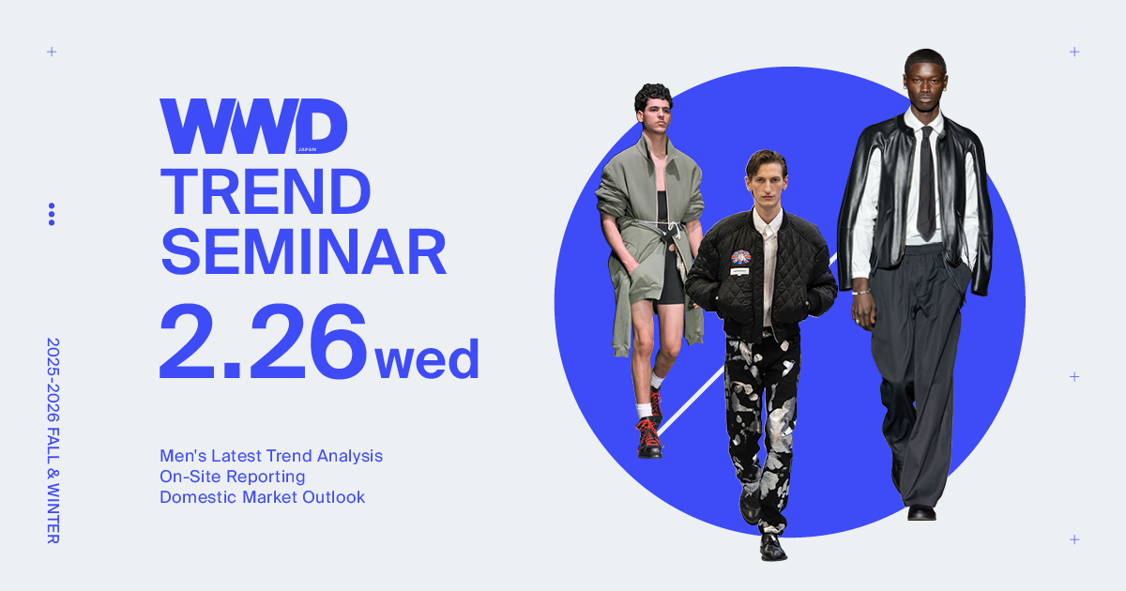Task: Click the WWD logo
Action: click(253, 126)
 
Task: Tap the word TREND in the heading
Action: click(266, 192)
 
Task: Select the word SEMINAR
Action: click(303, 251)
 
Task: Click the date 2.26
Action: click(263, 341)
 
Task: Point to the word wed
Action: click(427, 358)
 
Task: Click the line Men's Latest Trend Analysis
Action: click(271, 456)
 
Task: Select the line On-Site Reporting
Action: click(233, 477)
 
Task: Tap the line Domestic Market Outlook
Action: click(263, 497)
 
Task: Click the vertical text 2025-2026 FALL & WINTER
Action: click(53, 441)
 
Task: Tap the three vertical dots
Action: click(52, 214)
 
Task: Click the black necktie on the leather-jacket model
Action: click(926, 184)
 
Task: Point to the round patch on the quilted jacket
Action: click(741, 257)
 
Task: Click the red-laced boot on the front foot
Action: click(649, 438)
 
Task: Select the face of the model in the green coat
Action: click(656, 116)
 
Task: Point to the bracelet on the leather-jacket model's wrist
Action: click(860, 292)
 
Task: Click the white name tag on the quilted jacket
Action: click(739, 271)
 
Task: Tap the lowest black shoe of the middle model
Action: click(772, 548)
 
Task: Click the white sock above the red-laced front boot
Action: click(644, 411)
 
